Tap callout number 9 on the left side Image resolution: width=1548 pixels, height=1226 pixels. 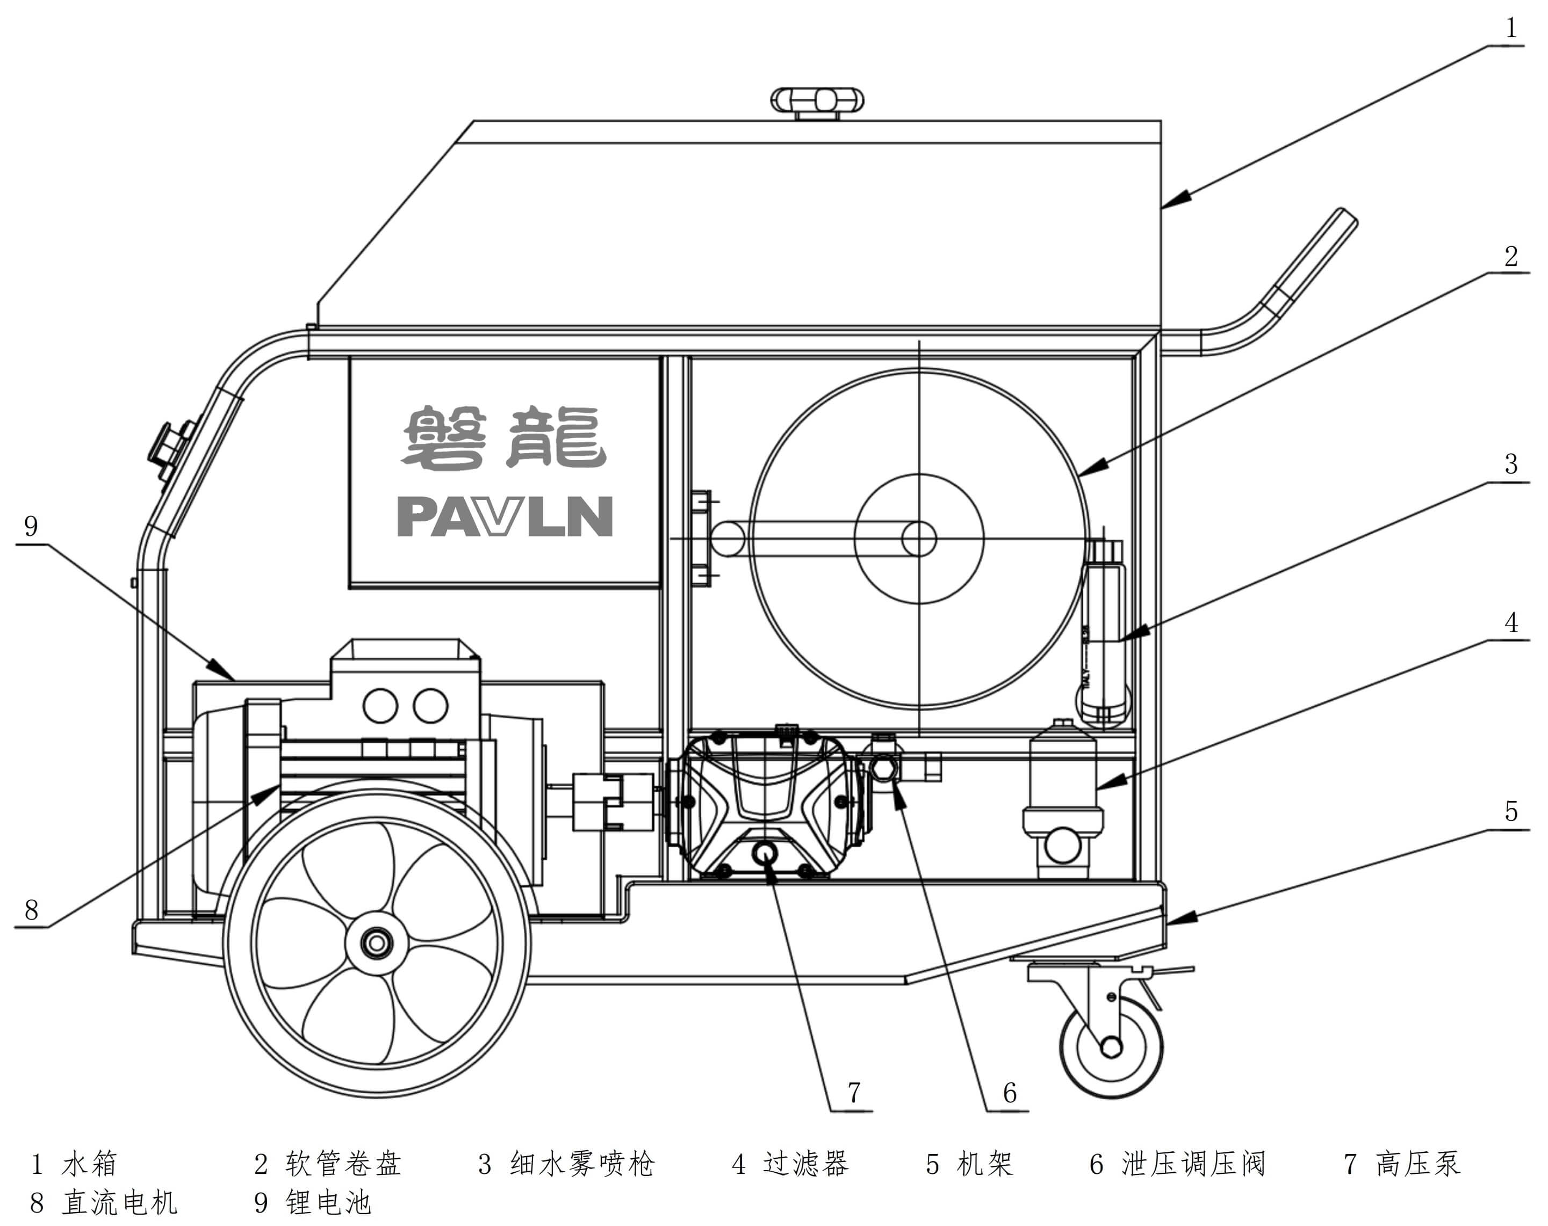pyautogui.click(x=31, y=526)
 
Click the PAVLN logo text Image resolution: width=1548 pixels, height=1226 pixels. pyautogui.click(x=505, y=517)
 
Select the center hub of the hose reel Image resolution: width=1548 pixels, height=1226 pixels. pyautogui.click(x=919, y=539)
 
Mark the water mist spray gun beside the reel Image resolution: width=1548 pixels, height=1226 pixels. pyautogui.click(x=1104, y=632)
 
